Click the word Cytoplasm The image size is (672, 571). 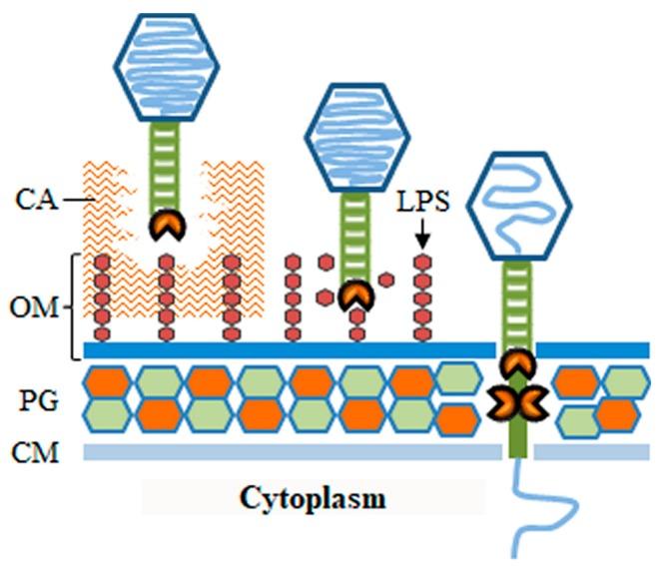click(312, 497)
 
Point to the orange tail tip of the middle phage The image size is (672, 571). click(352, 295)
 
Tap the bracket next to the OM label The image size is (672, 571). click(74, 306)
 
